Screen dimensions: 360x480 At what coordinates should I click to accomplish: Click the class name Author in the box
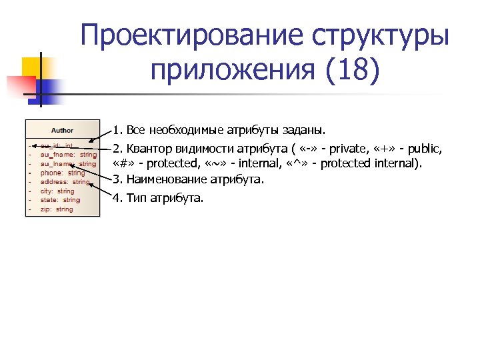tap(62, 130)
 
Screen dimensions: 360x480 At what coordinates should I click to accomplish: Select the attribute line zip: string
tap(57, 209)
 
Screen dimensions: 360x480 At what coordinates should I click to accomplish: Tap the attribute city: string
tap(57, 191)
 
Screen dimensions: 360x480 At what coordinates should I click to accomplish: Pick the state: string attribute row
tap(60, 200)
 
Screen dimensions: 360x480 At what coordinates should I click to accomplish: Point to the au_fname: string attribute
tap(69, 155)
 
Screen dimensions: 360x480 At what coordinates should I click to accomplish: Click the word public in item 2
tap(425, 149)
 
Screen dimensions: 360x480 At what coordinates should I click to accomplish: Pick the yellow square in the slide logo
tap(33, 67)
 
